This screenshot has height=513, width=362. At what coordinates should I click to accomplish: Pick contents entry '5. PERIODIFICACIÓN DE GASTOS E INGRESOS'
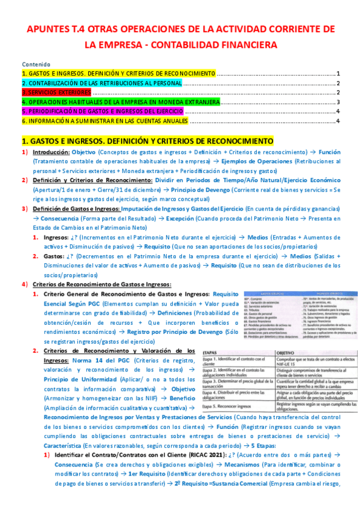pyautogui.click(x=111, y=112)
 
